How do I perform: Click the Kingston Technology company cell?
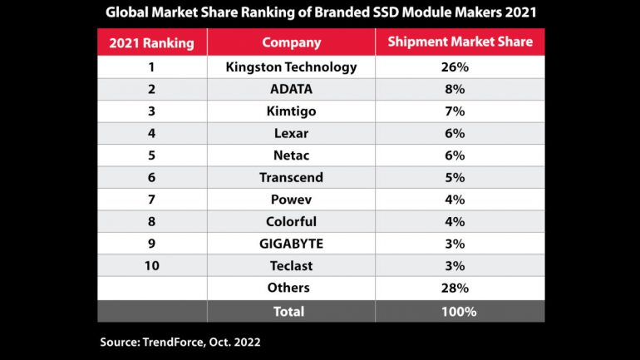tap(291, 67)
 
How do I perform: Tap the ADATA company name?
tap(291, 90)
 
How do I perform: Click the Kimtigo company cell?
tap(291, 111)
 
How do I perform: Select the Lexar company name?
tap(291, 134)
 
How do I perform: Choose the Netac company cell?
tap(291, 155)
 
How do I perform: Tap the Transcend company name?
tap(291, 178)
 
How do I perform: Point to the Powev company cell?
tap(291, 200)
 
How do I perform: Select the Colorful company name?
tap(291, 222)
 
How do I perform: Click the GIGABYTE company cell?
tap(291, 244)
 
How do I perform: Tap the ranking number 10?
tap(151, 266)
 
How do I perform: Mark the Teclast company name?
tap(291, 266)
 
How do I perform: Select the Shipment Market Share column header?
tap(460, 42)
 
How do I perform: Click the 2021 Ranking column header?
tap(152, 42)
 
